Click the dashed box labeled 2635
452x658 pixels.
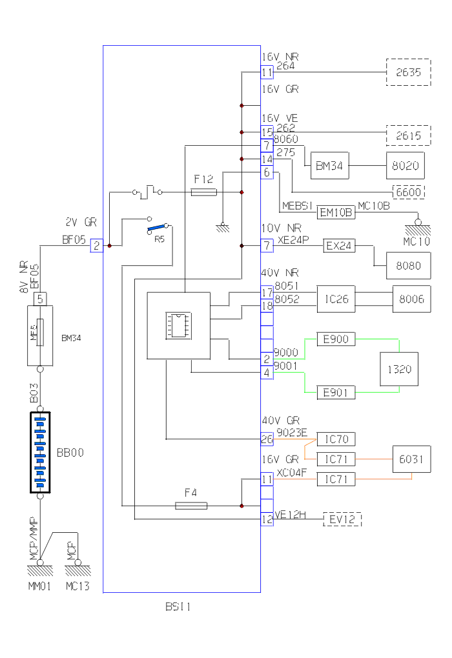click(x=408, y=72)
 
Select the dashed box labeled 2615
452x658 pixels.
click(x=408, y=135)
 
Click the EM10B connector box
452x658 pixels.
click(x=336, y=212)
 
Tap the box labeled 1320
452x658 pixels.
click(x=399, y=370)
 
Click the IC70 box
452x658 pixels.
click(x=336, y=439)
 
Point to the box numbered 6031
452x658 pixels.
click(x=412, y=459)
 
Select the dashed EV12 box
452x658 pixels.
click(x=342, y=519)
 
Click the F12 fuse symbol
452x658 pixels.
click(x=204, y=192)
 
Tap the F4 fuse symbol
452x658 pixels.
click(x=191, y=506)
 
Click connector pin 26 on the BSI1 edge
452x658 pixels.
click(x=267, y=439)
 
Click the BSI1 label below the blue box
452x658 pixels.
click(x=178, y=606)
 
